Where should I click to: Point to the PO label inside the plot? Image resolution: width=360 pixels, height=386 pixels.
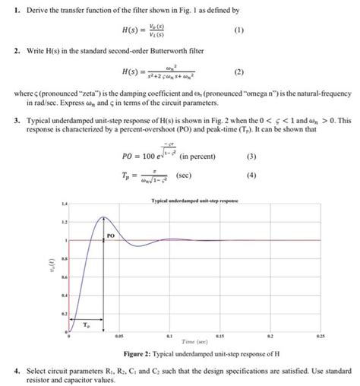pos(111,236)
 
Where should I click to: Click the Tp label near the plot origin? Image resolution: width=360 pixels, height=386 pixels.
pos(86,322)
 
